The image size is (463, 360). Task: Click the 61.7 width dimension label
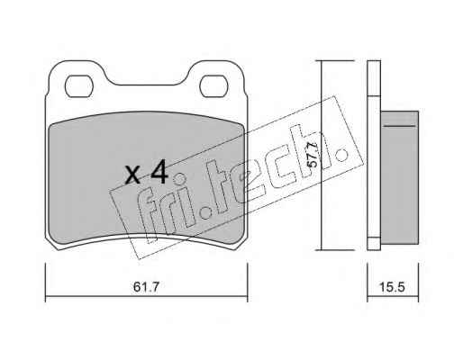click(x=146, y=287)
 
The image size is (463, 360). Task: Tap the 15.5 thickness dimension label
click(x=393, y=287)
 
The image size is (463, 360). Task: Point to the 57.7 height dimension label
click(x=313, y=155)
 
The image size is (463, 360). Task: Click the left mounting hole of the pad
click(x=79, y=86)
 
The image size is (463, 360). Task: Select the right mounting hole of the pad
click(x=213, y=86)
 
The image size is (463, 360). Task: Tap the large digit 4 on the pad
click(x=159, y=172)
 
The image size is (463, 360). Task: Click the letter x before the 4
click(x=132, y=175)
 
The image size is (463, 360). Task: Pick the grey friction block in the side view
click(x=400, y=177)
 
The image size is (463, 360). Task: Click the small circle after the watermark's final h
click(x=341, y=155)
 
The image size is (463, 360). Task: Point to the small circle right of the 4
click(x=180, y=179)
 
